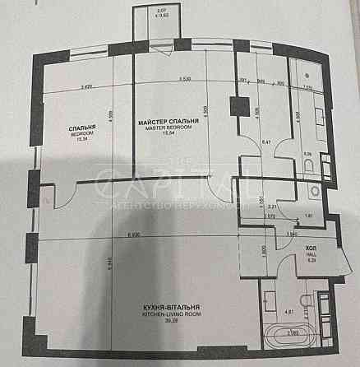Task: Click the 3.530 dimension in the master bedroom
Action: click(x=184, y=80)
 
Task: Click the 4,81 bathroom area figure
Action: click(x=265, y=311)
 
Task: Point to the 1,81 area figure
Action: click(x=306, y=216)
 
